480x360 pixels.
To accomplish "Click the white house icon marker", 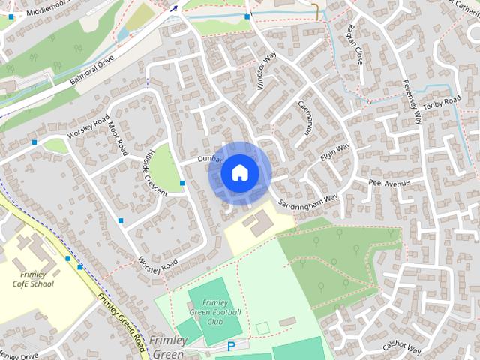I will pos(239,173).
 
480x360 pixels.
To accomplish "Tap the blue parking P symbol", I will pos(232,346).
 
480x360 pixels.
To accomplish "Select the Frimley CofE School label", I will pos(34,279).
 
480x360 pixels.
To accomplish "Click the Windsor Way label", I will pos(267,72).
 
